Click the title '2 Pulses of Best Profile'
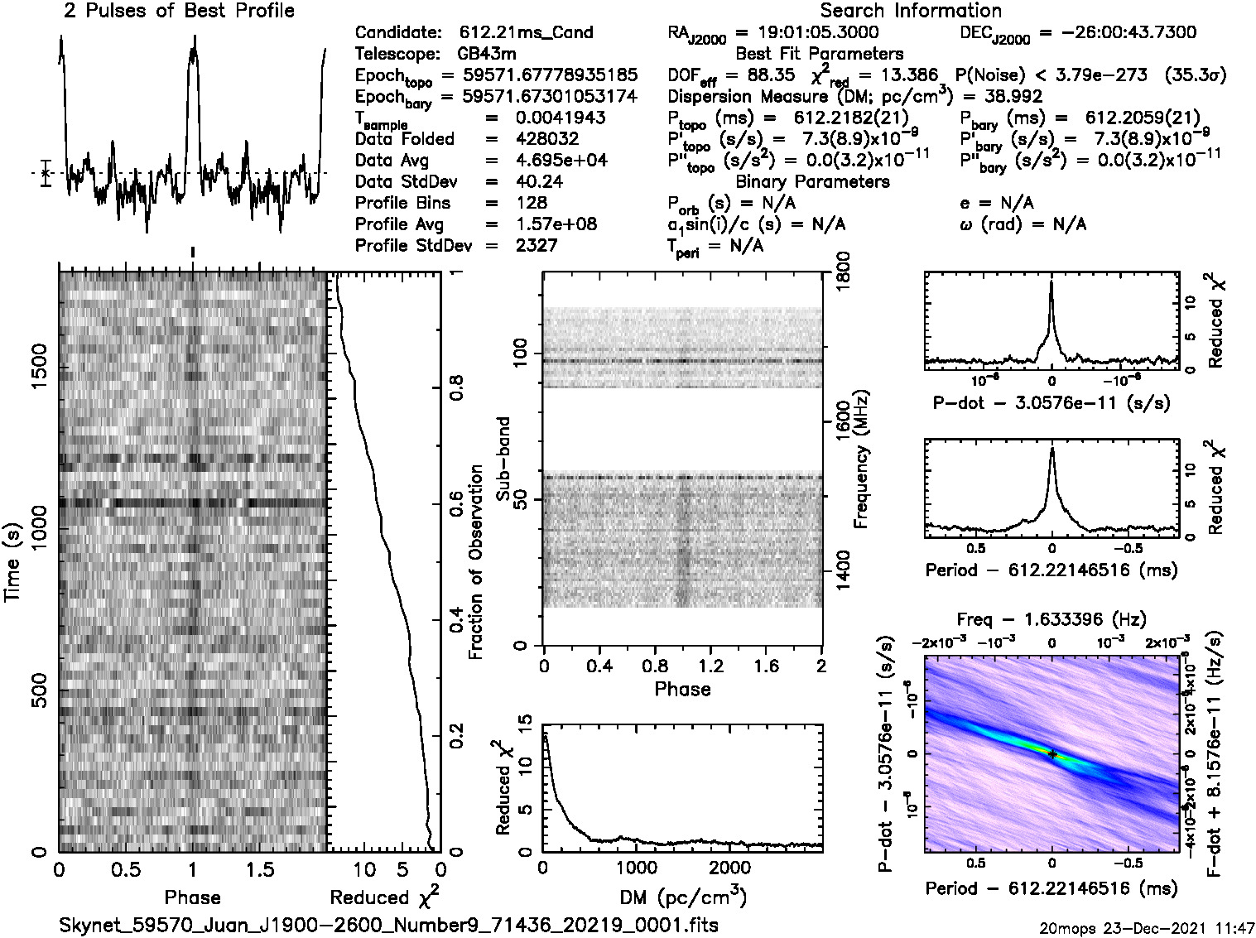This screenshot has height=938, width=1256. click(x=179, y=11)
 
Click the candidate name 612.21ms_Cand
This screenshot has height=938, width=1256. click(x=526, y=32)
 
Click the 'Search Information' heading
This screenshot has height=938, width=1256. click(x=911, y=11)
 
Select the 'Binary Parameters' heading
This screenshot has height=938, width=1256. click(x=812, y=181)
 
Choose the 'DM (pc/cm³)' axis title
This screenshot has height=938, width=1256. click(x=683, y=897)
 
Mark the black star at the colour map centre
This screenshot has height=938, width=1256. click(x=1051, y=754)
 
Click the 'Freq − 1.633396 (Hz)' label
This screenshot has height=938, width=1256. click(x=1051, y=619)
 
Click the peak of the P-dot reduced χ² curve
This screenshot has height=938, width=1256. click(x=1051, y=281)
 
